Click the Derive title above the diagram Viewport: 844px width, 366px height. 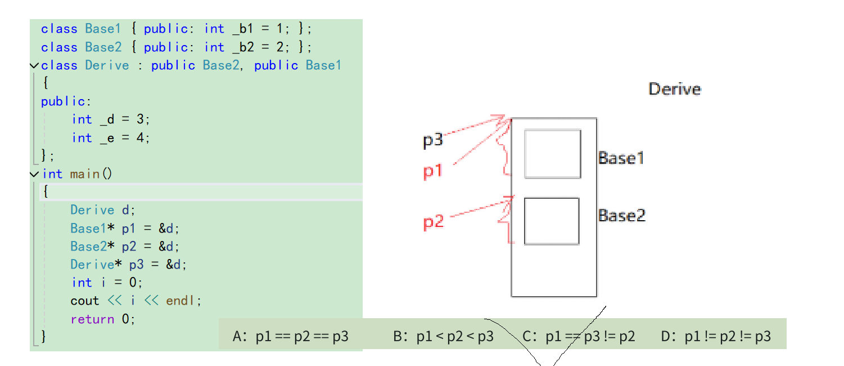[674, 89]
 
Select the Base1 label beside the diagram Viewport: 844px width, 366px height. [621, 158]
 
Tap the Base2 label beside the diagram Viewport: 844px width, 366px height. [621, 215]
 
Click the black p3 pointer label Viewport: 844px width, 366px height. [433, 140]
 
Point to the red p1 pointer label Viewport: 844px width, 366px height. [433, 171]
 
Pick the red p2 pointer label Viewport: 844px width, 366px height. [434, 223]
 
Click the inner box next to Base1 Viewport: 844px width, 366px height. [552, 154]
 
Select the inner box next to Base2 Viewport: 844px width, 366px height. [552, 221]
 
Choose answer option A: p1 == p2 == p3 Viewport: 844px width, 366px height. [291, 337]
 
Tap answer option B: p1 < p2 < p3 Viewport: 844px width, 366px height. [444, 337]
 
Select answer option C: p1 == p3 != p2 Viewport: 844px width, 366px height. [579, 337]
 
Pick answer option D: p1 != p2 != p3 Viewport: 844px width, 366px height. [716, 337]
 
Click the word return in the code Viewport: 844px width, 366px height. [92, 319]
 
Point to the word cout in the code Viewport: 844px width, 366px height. [85, 301]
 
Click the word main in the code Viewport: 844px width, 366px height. [84, 174]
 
